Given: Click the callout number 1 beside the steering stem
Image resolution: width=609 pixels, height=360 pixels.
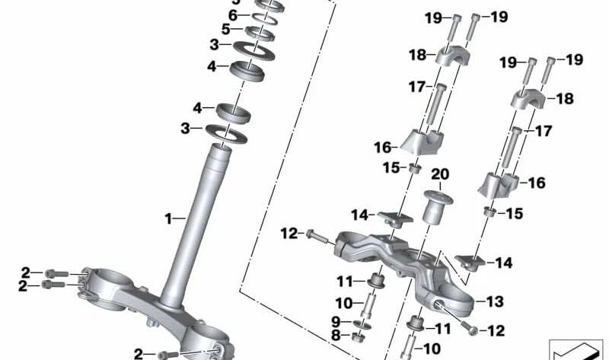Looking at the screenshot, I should [x=169, y=219].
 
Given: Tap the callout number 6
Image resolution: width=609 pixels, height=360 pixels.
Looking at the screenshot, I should [x=234, y=15].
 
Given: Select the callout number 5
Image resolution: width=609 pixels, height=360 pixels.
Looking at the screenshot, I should [x=225, y=30].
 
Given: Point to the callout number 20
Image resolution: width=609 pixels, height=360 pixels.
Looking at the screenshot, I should [x=441, y=174].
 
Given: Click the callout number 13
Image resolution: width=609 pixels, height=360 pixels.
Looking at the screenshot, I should [x=495, y=302].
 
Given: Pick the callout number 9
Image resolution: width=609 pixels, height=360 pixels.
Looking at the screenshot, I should [x=336, y=321].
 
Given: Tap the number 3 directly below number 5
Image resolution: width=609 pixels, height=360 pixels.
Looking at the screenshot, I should [x=215, y=46].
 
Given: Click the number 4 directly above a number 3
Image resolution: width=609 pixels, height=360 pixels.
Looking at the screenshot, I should [x=197, y=108].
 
